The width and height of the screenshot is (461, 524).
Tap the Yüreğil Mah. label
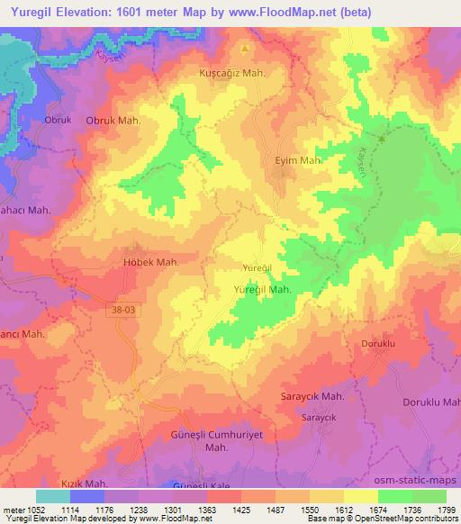pyautogui.click(x=261, y=290)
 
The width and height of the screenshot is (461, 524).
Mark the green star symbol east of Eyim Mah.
pyautogui.click(x=382, y=140)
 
